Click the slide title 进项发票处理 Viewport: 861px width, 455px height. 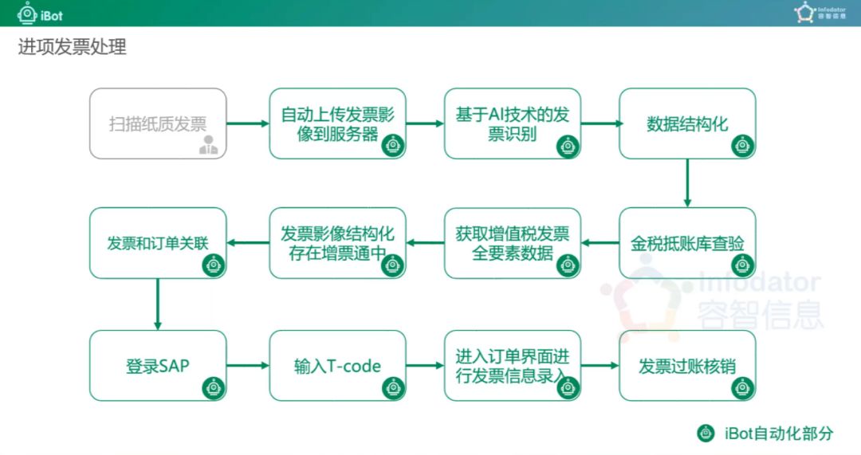click(x=72, y=48)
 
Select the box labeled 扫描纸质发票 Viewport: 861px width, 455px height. click(x=158, y=123)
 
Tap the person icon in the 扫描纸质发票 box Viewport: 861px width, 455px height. click(x=209, y=145)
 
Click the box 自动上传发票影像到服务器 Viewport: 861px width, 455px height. click(x=337, y=123)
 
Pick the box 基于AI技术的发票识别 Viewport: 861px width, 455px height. click(x=513, y=123)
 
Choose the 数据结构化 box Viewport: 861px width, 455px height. click(x=687, y=123)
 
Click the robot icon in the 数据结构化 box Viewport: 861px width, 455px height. click(x=742, y=145)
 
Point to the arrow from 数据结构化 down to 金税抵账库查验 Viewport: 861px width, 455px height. click(x=687, y=182)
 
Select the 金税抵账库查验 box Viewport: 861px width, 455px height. click(x=687, y=243)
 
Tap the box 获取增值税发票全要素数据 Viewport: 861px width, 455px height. click(x=513, y=243)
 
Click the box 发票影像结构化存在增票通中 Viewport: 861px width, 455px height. click(x=337, y=243)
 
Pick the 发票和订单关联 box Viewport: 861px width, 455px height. click(x=158, y=243)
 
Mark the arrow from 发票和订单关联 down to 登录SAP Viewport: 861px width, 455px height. click(x=158, y=304)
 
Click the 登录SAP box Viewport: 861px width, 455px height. click(x=158, y=366)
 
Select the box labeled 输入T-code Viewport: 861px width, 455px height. click(x=337, y=366)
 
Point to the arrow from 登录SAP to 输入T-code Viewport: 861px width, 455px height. click(x=248, y=366)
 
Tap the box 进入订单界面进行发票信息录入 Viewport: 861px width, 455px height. click(x=513, y=366)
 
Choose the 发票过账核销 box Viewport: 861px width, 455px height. click(x=687, y=366)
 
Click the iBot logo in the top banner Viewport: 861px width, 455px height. click(x=41, y=14)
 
